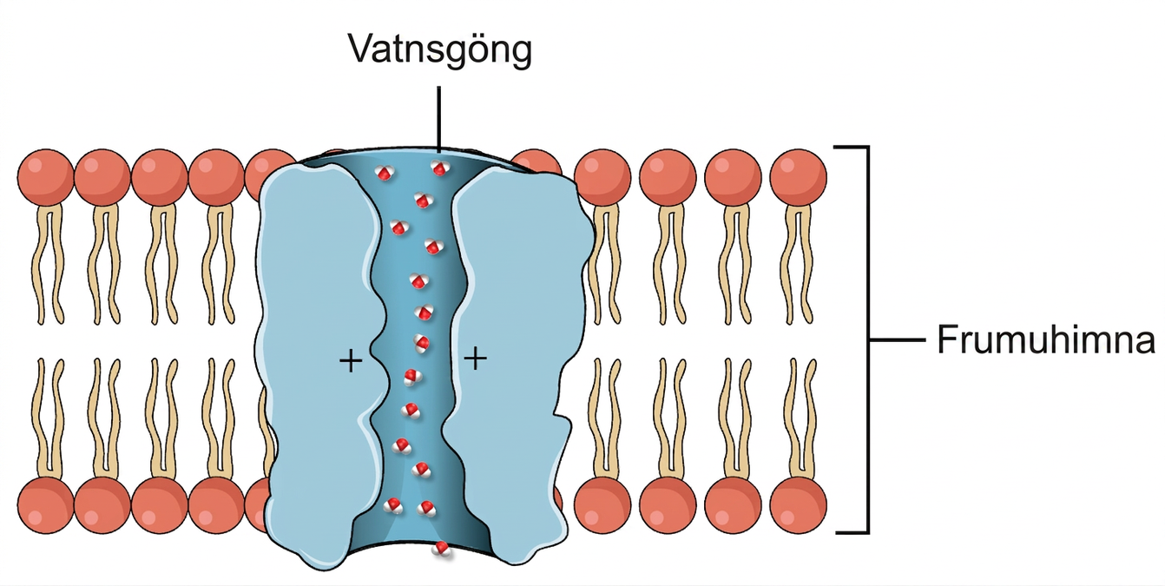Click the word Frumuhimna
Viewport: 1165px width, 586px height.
click(1046, 339)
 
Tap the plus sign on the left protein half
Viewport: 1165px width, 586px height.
click(351, 360)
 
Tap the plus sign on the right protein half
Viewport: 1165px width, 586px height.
click(476, 359)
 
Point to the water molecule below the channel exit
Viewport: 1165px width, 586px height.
click(442, 549)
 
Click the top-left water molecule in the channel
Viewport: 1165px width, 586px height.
click(385, 172)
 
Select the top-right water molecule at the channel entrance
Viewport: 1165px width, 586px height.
click(439, 168)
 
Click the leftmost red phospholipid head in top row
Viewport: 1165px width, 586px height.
click(46, 177)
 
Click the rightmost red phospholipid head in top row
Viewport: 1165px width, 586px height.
click(798, 177)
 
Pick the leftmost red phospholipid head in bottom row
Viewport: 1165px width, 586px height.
click(46, 505)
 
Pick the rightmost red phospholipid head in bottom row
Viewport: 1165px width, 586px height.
click(798, 505)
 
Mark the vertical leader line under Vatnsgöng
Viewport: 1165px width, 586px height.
click(439, 119)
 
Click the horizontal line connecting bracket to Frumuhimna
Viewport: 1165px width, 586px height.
click(898, 340)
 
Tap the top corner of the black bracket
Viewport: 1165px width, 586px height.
click(867, 148)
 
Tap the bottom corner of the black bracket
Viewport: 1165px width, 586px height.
click(867, 532)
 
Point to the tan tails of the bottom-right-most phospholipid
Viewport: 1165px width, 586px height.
click(799, 418)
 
